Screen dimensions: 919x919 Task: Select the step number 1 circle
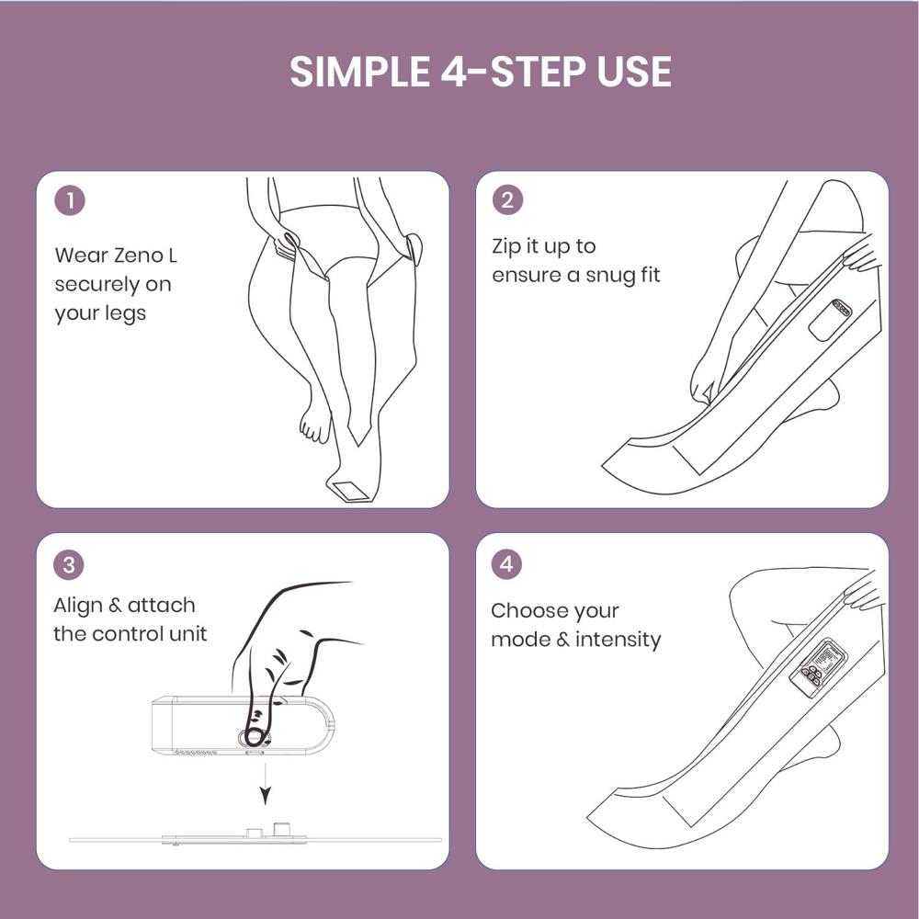point(70,201)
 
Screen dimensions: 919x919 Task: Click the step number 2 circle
point(507,201)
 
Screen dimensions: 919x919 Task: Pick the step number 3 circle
point(70,563)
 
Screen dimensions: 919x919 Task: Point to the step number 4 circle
point(507,563)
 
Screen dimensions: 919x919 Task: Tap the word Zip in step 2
point(509,246)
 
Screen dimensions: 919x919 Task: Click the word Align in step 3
point(78,605)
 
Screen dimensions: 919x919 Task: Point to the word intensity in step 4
point(618,639)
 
